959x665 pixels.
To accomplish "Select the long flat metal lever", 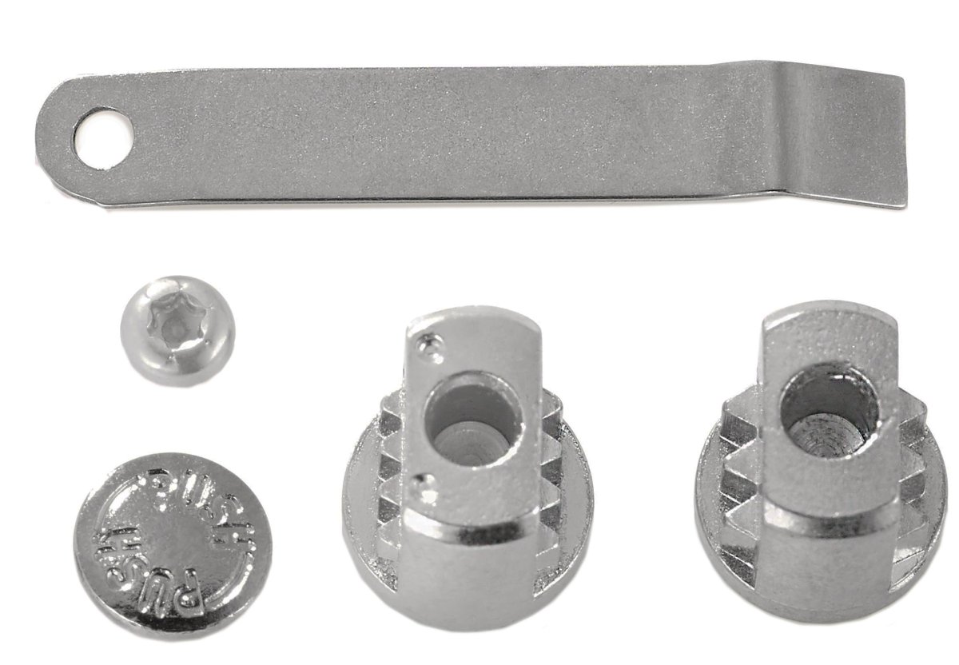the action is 472,137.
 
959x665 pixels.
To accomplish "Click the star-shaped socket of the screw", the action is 177,322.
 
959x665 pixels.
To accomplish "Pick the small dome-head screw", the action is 177,330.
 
